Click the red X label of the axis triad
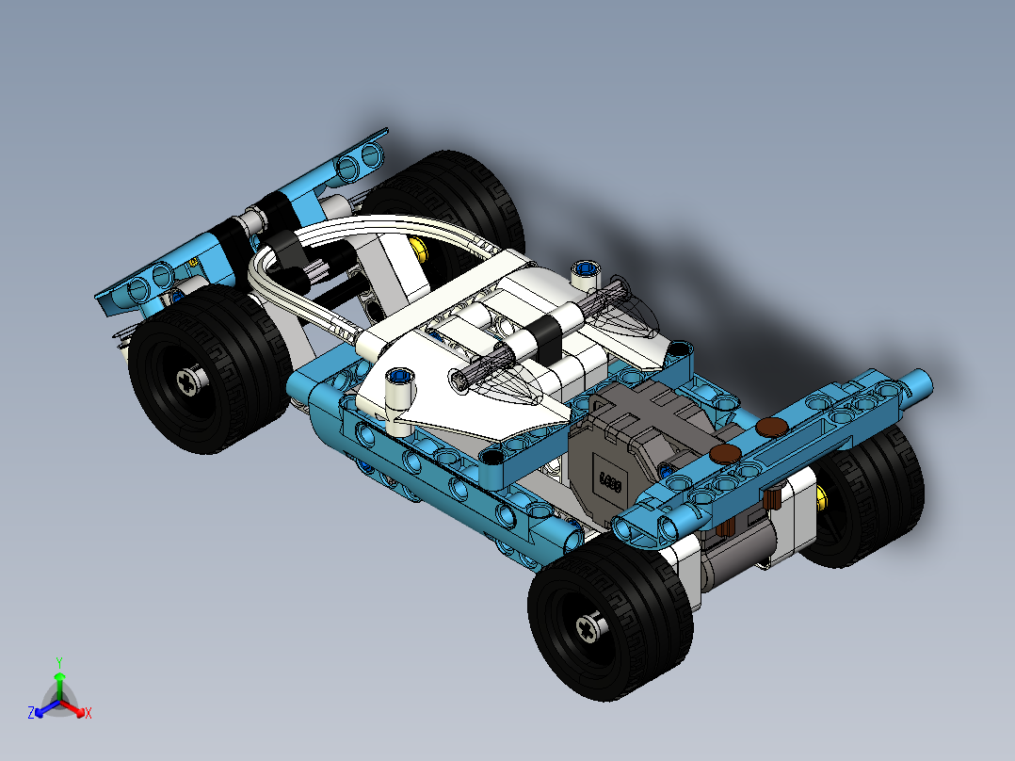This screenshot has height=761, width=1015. point(88,713)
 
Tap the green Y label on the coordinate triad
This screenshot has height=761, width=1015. point(58,662)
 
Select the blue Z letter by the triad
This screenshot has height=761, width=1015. point(31,714)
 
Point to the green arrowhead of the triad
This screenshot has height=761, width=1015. point(58,676)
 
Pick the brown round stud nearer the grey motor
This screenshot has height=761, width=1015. point(725,454)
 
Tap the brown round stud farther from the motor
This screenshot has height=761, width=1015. point(773,426)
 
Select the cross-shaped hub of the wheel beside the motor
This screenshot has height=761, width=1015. point(590,627)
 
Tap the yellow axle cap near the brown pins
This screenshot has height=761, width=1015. point(823,496)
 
